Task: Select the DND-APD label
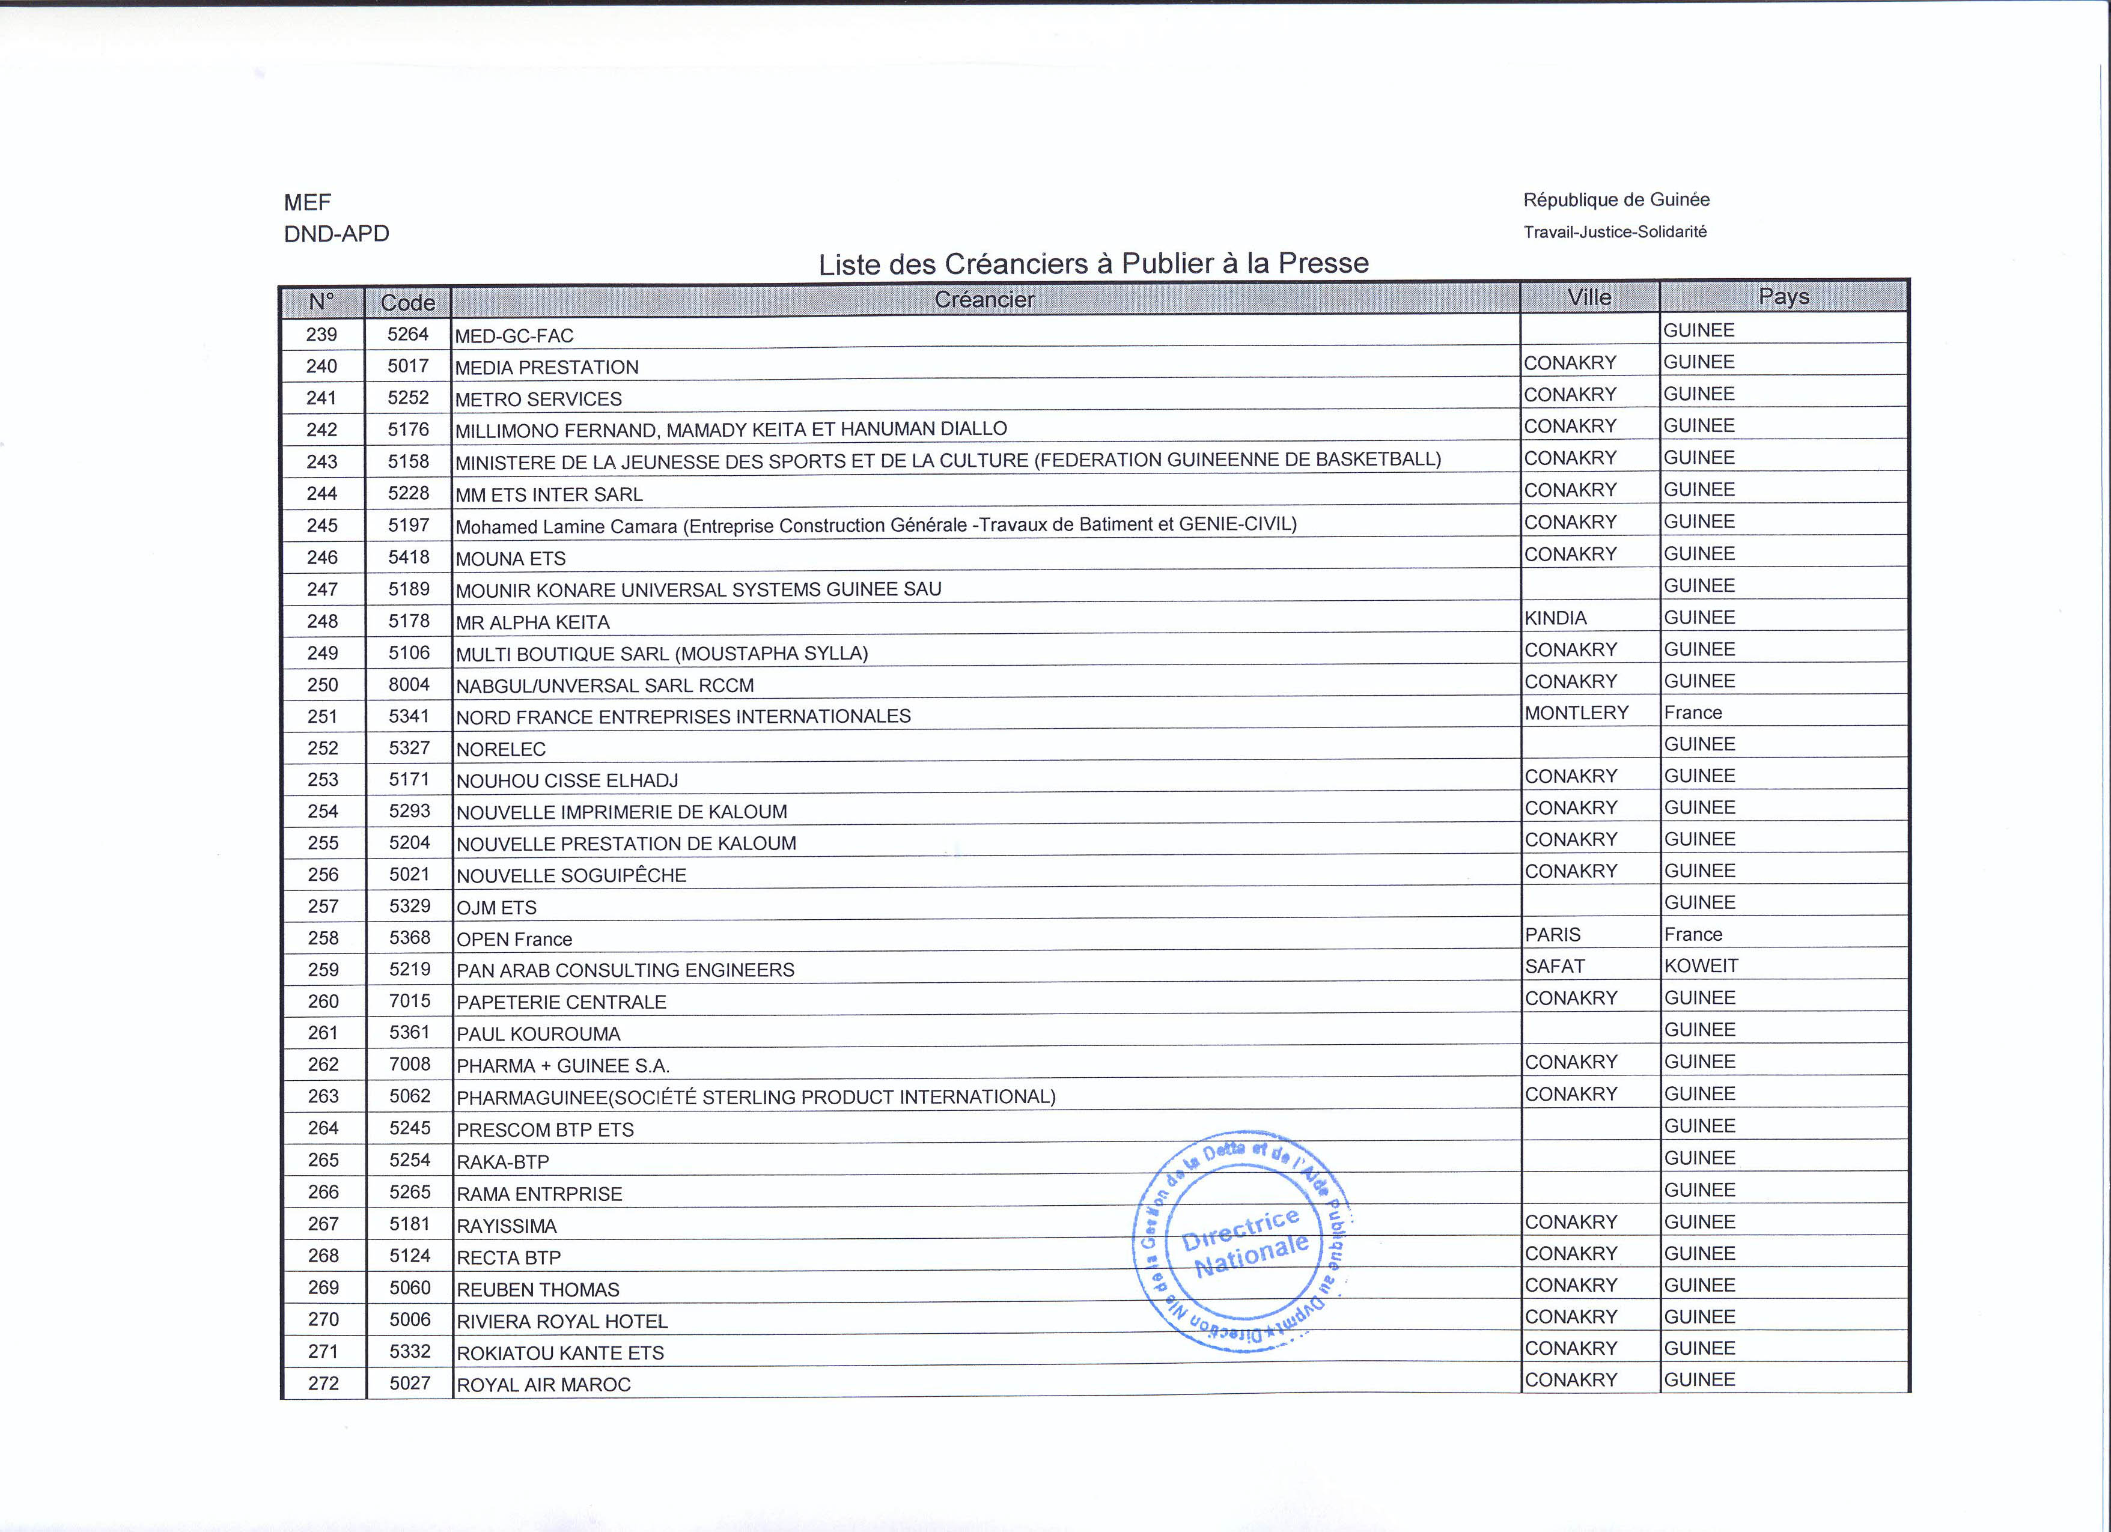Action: tap(336, 234)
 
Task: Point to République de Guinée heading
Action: tap(1616, 200)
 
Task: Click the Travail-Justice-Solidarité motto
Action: tap(1615, 232)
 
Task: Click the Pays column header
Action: tap(1784, 297)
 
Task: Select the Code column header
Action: tap(407, 302)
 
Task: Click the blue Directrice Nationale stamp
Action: tap(1243, 1242)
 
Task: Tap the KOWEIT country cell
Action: tap(1701, 966)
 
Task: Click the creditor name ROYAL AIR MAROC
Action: tap(544, 1385)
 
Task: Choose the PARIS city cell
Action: tap(1553, 934)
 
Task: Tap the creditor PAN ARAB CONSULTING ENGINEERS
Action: tap(626, 970)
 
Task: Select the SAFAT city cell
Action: tap(1555, 966)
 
